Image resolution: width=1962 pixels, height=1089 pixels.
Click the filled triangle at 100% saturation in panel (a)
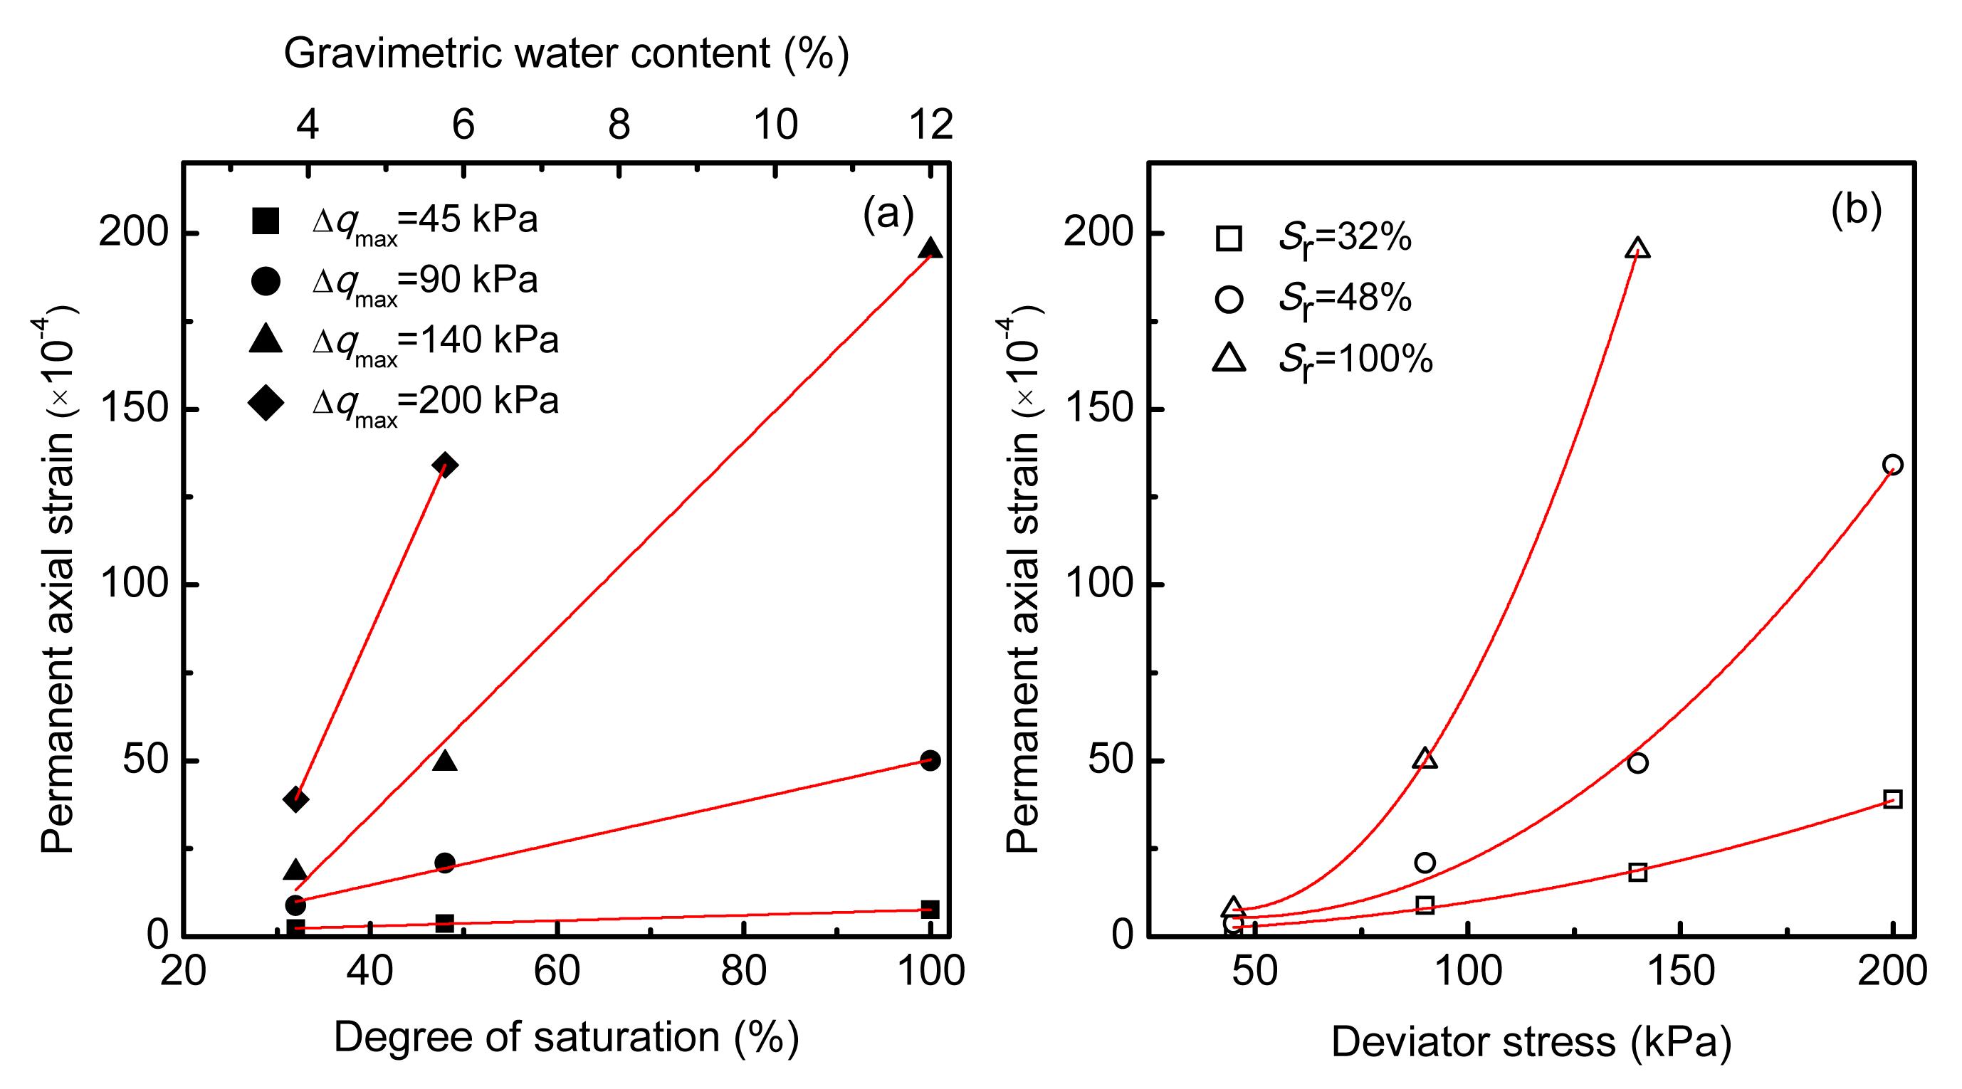[930, 249]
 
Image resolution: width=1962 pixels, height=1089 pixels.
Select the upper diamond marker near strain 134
[445, 465]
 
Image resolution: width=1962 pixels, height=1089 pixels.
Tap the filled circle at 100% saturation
[930, 760]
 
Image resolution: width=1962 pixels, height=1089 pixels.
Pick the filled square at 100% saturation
[930, 909]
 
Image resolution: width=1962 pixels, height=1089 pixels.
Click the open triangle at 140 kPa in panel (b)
[1637, 248]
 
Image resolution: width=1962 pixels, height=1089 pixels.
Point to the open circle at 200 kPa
[1892, 465]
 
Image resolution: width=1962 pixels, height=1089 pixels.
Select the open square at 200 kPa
[1892, 799]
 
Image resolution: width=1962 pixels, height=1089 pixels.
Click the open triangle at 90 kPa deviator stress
[1425, 759]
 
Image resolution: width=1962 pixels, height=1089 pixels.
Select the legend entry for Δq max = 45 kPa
[393, 221]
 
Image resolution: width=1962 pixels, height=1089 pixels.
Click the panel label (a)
[888, 214]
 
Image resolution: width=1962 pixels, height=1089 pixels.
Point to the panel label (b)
[1856, 211]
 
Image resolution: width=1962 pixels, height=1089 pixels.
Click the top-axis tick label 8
[619, 124]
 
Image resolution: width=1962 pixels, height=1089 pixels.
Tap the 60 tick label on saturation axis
[557, 971]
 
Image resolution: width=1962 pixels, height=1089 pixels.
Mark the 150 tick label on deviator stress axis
[1680, 971]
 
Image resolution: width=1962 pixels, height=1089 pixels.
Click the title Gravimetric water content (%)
[567, 53]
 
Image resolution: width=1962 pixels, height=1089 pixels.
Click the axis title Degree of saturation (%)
[567, 1037]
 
